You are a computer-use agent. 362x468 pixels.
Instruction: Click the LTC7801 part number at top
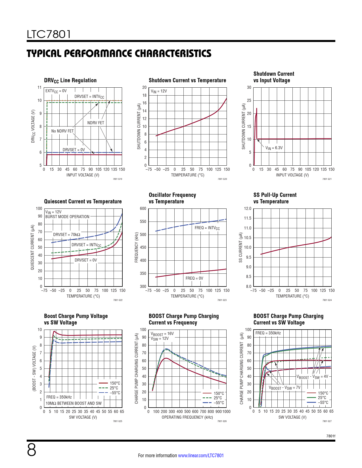coord(49,34)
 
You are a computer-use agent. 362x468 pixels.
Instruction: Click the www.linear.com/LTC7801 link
coord(201,456)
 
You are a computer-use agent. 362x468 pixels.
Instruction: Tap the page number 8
coord(32,450)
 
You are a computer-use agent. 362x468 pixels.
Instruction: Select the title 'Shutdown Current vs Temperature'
coord(187,80)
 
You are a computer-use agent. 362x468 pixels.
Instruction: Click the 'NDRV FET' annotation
coord(96,123)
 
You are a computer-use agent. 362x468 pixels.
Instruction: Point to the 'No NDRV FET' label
coord(62,131)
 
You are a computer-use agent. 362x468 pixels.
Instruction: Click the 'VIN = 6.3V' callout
coord(274,148)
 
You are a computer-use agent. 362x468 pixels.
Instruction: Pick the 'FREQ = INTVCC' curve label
coord(207,228)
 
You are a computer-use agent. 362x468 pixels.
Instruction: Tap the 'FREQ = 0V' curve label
coord(194,278)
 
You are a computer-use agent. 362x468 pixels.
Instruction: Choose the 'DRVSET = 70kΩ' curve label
coord(66,235)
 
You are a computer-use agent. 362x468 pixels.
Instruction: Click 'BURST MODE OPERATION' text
coord(67,217)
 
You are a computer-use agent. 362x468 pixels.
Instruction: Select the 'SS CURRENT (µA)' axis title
coord(241,247)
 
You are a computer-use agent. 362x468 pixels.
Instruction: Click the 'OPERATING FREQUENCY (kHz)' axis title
coord(187,417)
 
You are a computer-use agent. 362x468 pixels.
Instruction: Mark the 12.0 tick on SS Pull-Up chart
coord(248,208)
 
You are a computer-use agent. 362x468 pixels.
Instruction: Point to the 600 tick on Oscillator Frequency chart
coord(143,208)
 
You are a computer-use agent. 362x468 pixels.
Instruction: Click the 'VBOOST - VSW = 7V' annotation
coord(284,388)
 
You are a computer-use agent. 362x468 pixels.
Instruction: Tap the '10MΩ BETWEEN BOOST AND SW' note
coord(74,403)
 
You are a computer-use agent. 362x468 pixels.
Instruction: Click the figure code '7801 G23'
coord(222,300)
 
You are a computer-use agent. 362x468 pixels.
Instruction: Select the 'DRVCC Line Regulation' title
coord(70,81)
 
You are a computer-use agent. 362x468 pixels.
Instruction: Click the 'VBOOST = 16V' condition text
coord(162,334)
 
